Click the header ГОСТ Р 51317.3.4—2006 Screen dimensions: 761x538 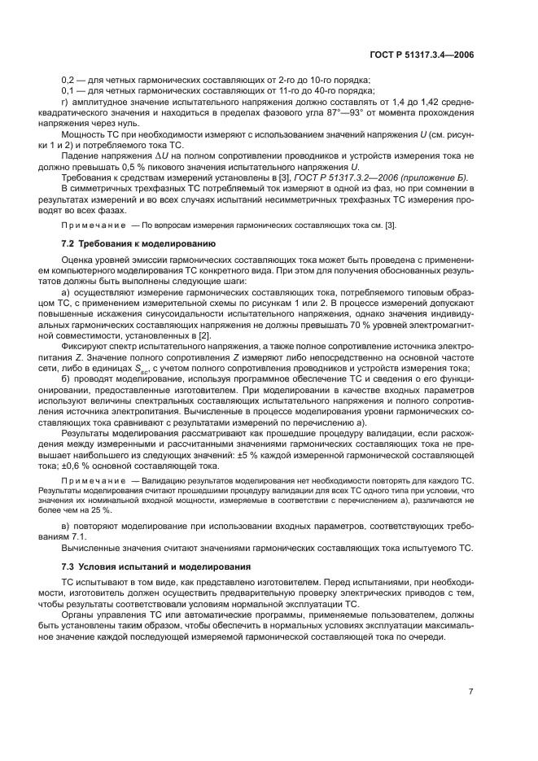click(x=422, y=55)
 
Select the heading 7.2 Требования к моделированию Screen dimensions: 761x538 click(x=138, y=243)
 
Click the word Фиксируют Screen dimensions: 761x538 click(x=84, y=335)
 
